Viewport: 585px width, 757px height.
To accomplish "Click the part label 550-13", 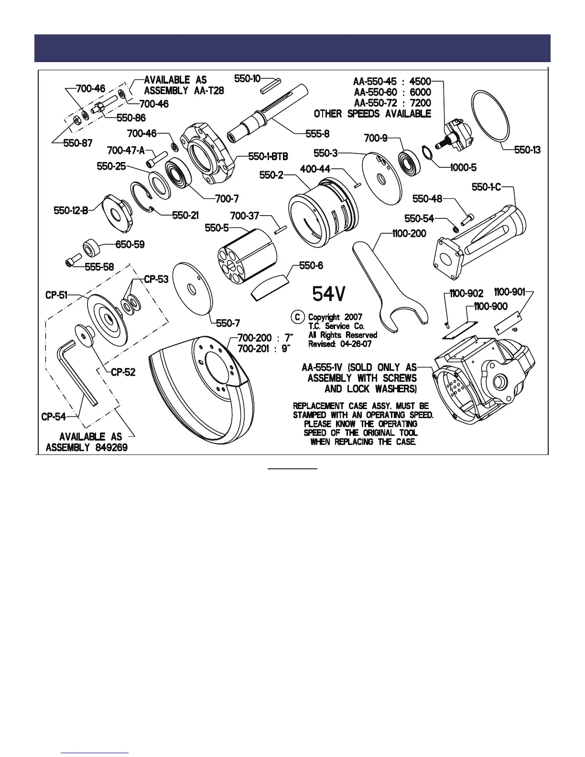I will (527, 150).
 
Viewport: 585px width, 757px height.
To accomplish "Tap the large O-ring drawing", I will (490, 116).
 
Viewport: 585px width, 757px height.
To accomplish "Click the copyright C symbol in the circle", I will (298, 317).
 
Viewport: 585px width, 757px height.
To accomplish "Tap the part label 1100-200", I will (409, 234).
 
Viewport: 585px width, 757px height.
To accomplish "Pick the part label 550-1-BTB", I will (268, 156).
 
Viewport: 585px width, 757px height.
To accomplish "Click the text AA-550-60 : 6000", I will (392, 92).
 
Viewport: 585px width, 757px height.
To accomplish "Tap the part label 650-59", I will (130, 245).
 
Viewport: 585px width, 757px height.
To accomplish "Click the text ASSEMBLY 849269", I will (87, 448).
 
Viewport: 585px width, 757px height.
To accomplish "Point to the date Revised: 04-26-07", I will (339, 344).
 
